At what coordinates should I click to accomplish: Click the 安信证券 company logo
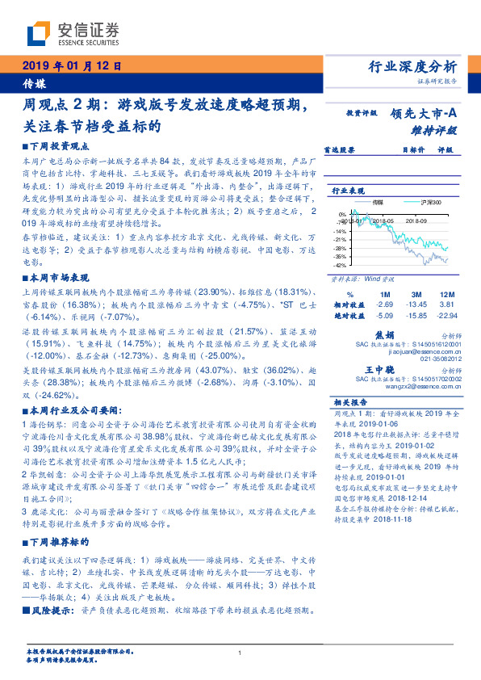pyautogui.click(x=73, y=33)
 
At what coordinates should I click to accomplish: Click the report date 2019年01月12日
pyautogui.click(x=70, y=66)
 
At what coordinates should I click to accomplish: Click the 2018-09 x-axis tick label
pyautogui.click(x=416, y=219)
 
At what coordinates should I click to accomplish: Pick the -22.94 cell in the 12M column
pyautogui.click(x=445, y=316)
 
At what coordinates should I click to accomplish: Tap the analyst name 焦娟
pyautogui.click(x=384, y=334)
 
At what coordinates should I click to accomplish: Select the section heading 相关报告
pyautogui.click(x=350, y=402)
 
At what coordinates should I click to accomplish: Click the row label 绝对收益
pyautogui.click(x=349, y=316)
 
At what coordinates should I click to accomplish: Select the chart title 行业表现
pyautogui.click(x=350, y=190)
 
